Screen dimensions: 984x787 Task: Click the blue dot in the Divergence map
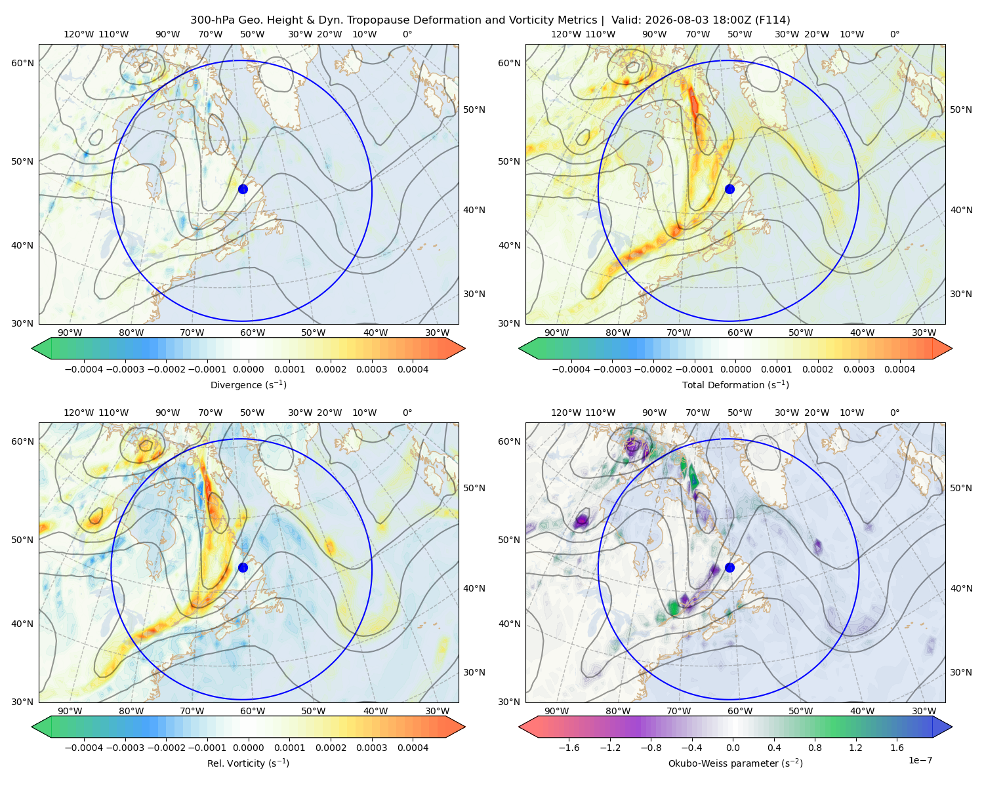[x=243, y=189]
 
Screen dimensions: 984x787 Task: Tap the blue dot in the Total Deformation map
[x=729, y=189]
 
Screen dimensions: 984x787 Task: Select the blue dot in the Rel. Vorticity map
[x=243, y=567]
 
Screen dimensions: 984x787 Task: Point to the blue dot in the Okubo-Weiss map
[x=729, y=567]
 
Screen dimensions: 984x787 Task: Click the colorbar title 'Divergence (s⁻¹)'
[x=248, y=384]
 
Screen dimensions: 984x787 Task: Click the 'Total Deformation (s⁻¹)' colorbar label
[x=735, y=384]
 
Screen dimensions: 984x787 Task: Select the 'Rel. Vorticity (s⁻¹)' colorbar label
[x=248, y=763]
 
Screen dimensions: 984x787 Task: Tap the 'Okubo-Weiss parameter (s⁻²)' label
[x=735, y=763]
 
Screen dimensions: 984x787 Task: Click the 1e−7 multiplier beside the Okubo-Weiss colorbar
[x=920, y=760]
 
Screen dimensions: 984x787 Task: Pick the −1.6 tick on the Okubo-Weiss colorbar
[x=569, y=747]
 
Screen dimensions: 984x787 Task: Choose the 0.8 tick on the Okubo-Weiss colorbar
[x=815, y=747]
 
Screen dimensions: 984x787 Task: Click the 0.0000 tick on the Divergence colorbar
[x=248, y=369]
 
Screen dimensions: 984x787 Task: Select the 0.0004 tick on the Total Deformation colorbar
[x=899, y=369]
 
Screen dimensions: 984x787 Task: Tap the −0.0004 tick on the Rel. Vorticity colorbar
[x=84, y=747]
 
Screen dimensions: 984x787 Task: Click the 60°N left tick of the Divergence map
[x=22, y=63]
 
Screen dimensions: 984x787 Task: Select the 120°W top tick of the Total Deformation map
[x=565, y=34]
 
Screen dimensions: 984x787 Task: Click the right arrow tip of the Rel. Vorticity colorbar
[x=465, y=727]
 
